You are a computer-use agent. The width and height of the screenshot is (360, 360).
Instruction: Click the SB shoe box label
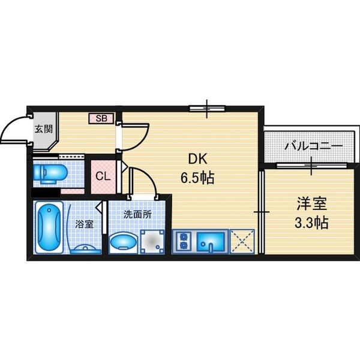pyautogui.click(x=101, y=118)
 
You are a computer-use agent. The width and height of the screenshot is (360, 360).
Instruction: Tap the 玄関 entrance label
pyautogui.click(x=44, y=129)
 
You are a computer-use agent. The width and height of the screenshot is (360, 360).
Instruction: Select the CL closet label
pyautogui.click(x=103, y=176)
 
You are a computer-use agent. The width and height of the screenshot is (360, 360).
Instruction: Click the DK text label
pyautogui.click(x=197, y=159)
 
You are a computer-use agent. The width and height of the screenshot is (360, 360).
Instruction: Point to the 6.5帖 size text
pyautogui.click(x=197, y=178)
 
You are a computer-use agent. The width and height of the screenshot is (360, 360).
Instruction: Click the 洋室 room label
pyautogui.click(x=311, y=203)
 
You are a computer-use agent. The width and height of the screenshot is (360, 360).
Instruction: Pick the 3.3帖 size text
pyautogui.click(x=311, y=223)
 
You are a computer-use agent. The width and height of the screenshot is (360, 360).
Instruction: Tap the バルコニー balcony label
pyautogui.click(x=314, y=146)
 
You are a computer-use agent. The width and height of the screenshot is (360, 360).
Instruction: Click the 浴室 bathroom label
pyautogui.click(x=84, y=224)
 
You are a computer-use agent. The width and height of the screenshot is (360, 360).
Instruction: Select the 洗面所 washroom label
pyautogui.click(x=137, y=214)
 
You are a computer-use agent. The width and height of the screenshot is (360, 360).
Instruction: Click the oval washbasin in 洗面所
pyautogui.click(x=124, y=242)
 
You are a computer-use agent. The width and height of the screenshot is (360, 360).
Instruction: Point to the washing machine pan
pyautogui.click(x=152, y=242)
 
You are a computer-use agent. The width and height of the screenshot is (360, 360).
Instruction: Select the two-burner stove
pyautogui.click(x=184, y=242)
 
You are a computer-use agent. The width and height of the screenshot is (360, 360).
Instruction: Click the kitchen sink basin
pyautogui.click(x=211, y=242)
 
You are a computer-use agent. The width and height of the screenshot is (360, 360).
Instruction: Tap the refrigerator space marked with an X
pyautogui.click(x=242, y=241)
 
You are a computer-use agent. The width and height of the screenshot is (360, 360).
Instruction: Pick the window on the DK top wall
pyautogui.click(x=207, y=109)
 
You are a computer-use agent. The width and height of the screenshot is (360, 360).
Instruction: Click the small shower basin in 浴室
pyautogui.click(x=86, y=250)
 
